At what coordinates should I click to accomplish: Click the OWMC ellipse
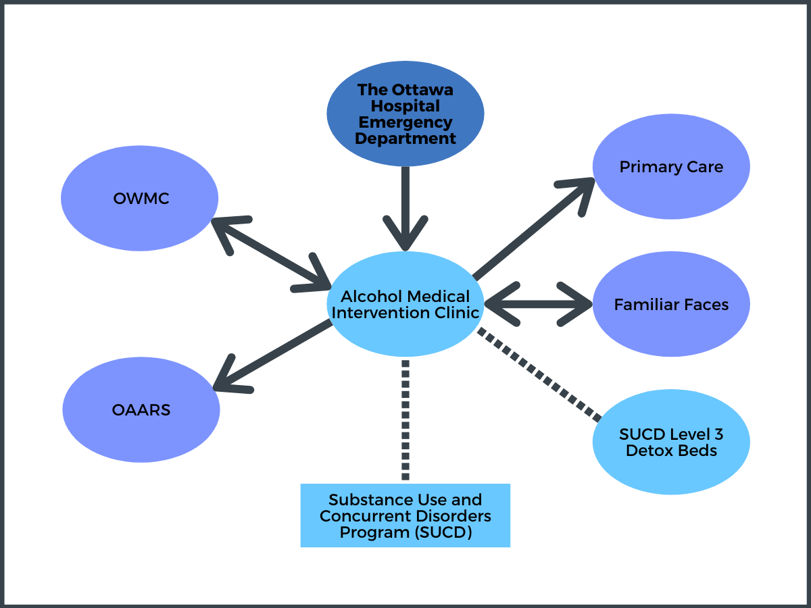click(139, 198)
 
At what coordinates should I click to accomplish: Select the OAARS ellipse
click(141, 410)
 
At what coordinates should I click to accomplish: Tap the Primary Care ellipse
click(671, 166)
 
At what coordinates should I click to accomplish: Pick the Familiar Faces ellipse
click(671, 304)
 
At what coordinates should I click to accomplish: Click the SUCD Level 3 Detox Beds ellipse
click(671, 442)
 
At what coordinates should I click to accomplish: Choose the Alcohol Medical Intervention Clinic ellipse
click(405, 304)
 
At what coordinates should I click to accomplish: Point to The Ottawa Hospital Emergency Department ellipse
click(405, 113)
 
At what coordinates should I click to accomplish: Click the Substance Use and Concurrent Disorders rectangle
click(405, 515)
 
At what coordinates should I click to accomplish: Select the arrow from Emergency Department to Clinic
click(405, 209)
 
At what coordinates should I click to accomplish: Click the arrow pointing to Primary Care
click(534, 228)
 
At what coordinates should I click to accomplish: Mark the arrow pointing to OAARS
click(272, 356)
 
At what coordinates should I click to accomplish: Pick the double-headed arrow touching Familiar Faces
click(539, 304)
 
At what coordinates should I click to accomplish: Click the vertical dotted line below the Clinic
click(405, 420)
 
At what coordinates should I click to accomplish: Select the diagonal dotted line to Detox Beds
click(539, 375)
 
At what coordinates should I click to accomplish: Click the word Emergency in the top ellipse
click(405, 122)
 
